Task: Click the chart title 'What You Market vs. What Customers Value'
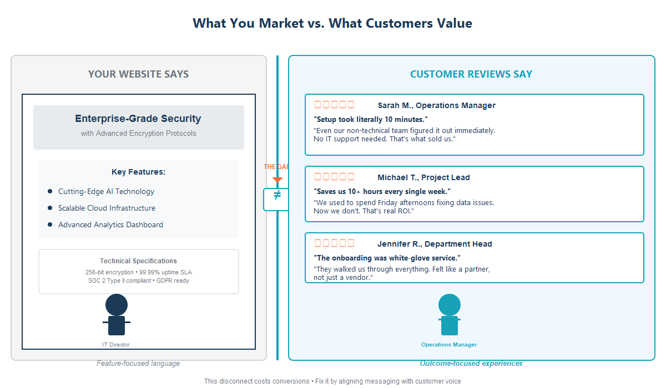click(x=332, y=23)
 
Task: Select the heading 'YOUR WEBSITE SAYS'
click(x=139, y=74)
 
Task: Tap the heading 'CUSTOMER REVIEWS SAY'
click(x=471, y=74)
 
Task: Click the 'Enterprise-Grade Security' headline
click(x=138, y=119)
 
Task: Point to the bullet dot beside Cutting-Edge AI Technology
click(x=50, y=191)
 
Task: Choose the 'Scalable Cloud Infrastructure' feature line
click(x=107, y=208)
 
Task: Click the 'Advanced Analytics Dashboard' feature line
click(x=110, y=224)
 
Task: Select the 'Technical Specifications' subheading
click(x=138, y=261)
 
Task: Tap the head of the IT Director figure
click(x=117, y=305)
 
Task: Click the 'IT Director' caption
click(x=116, y=345)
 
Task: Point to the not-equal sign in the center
click(x=277, y=195)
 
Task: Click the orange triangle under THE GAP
click(x=277, y=180)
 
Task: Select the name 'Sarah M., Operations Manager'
click(x=436, y=105)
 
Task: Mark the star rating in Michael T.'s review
click(x=334, y=177)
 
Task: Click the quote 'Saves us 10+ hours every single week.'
click(x=382, y=191)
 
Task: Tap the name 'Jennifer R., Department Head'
click(x=435, y=244)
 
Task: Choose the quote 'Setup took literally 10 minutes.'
click(x=371, y=119)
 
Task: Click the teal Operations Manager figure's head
click(x=449, y=305)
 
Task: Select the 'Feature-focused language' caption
click(x=138, y=364)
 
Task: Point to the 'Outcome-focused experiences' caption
click(x=471, y=364)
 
